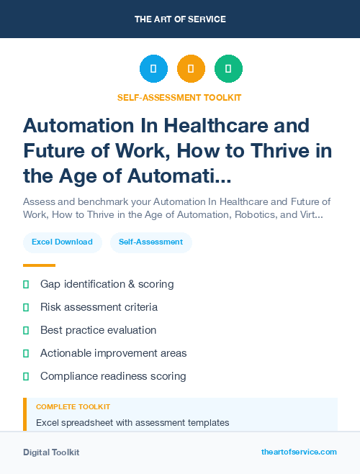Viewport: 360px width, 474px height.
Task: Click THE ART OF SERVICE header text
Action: (180, 19)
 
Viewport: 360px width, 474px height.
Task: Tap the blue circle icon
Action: (153, 69)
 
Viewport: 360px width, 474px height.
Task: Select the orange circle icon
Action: (191, 69)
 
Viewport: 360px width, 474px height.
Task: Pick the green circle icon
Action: (228, 69)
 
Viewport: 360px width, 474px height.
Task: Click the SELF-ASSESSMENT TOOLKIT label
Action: (179, 97)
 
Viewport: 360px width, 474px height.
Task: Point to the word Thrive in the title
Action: (264, 151)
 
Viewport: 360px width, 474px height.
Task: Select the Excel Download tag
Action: (62, 242)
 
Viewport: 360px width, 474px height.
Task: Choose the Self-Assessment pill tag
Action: (151, 242)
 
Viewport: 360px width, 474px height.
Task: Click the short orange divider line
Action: (39, 265)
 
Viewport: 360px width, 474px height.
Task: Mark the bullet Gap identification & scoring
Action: (107, 284)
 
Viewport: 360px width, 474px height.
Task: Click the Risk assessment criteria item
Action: (99, 307)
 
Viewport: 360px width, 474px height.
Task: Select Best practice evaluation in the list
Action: (98, 330)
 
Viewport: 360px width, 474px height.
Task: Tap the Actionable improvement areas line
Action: (113, 353)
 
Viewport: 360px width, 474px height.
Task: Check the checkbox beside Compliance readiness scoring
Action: (26, 376)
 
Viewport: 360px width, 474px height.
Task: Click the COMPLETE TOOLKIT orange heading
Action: (73, 407)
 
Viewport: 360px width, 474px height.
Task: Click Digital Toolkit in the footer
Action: (51, 452)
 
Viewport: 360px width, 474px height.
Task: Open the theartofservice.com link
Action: (299, 452)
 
